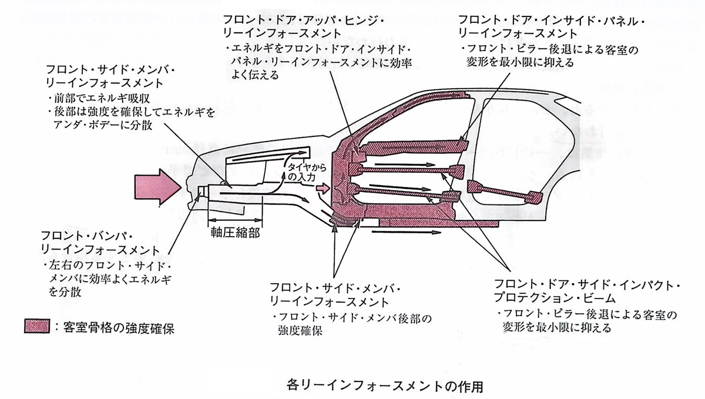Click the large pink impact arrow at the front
click(x=157, y=187)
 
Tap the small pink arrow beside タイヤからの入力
click(x=323, y=188)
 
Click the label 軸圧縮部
click(x=235, y=233)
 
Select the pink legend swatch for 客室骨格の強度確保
click(x=37, y=326)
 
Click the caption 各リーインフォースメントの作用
click(x=384, y=386)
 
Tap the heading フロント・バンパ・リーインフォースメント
click(x=100, y=243)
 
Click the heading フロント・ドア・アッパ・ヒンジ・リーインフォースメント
click(x=304, y=26)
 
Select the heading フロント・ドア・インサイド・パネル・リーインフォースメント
click(x=551, y=26)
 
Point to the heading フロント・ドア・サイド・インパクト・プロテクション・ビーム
click(x=587, y=291)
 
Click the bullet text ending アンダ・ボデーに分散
click(x=132, y=119)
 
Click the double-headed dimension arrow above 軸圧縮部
click(x=235, y=220)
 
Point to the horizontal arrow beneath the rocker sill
click(x=406, y=233)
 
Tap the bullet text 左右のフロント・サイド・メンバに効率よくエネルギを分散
click(x=109, y=279)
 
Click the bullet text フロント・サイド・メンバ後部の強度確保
click(x=352, y=324)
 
